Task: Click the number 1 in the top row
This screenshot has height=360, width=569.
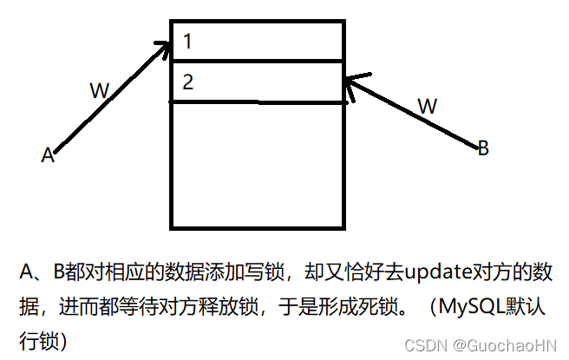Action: [188, 41]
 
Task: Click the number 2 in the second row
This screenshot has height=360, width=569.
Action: [189, 82]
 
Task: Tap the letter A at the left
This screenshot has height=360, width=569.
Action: [49, 155]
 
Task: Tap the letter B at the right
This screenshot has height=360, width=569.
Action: [483, 148]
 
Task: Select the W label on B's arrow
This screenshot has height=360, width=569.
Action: [428, 106]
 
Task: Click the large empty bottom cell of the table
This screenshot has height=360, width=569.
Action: [258, 165]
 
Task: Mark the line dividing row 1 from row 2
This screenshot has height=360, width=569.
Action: [258, 61]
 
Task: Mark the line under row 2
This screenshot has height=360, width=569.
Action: [258, 102]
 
